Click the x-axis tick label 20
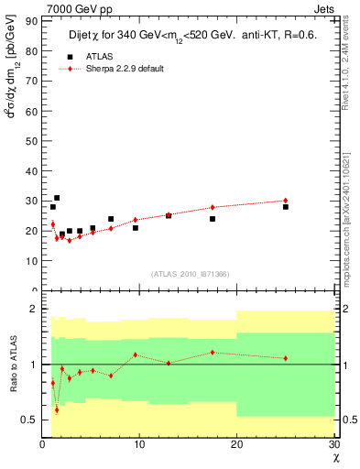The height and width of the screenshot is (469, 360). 235,444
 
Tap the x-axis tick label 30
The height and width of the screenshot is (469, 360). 333,444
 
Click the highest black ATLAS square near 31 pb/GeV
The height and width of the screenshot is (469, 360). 57,198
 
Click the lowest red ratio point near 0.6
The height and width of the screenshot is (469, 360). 57,409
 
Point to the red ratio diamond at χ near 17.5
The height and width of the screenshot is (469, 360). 213,352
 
